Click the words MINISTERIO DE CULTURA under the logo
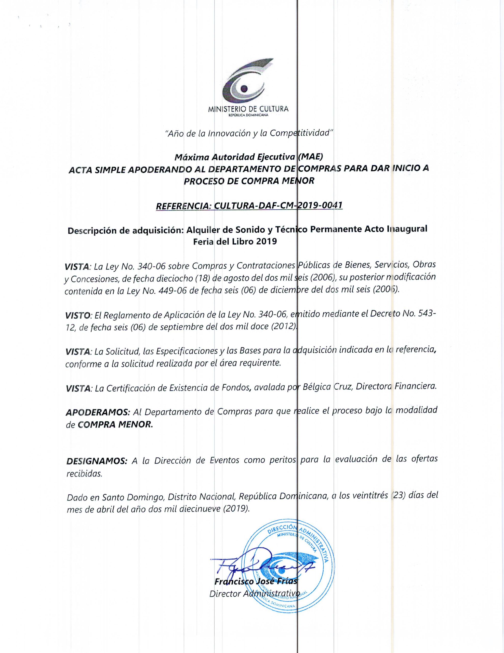(x=248, y=109)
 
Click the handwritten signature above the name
(x=254, y=564)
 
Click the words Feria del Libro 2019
(x=235, y=242)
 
